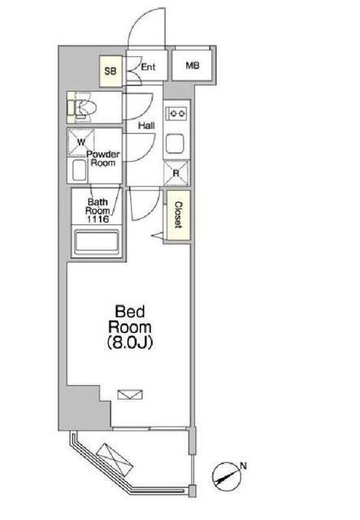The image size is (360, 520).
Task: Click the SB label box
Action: coord(111,71)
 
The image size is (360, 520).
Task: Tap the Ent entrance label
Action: coord(148,67)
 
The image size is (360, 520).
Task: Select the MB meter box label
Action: coord(193,66)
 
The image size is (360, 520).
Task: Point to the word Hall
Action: coord(146,126)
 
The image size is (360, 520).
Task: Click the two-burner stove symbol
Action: coord(178,114)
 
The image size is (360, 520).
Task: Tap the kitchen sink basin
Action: coord(175,144)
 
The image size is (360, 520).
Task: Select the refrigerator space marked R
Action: coord(176,173)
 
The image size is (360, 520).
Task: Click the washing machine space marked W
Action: coord(81,143)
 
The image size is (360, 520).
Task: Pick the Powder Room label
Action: coord(103,158)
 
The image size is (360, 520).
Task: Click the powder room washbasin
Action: coord(80,171)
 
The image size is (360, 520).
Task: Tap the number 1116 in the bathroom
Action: coord(98,219)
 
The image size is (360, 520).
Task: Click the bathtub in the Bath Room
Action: coord(97,242)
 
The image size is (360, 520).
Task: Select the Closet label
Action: coord(179,214)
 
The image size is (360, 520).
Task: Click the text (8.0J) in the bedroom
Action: coord(130,343)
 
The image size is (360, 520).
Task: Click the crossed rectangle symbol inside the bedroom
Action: coord(130,394)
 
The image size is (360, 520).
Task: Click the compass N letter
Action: coord(244,466)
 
